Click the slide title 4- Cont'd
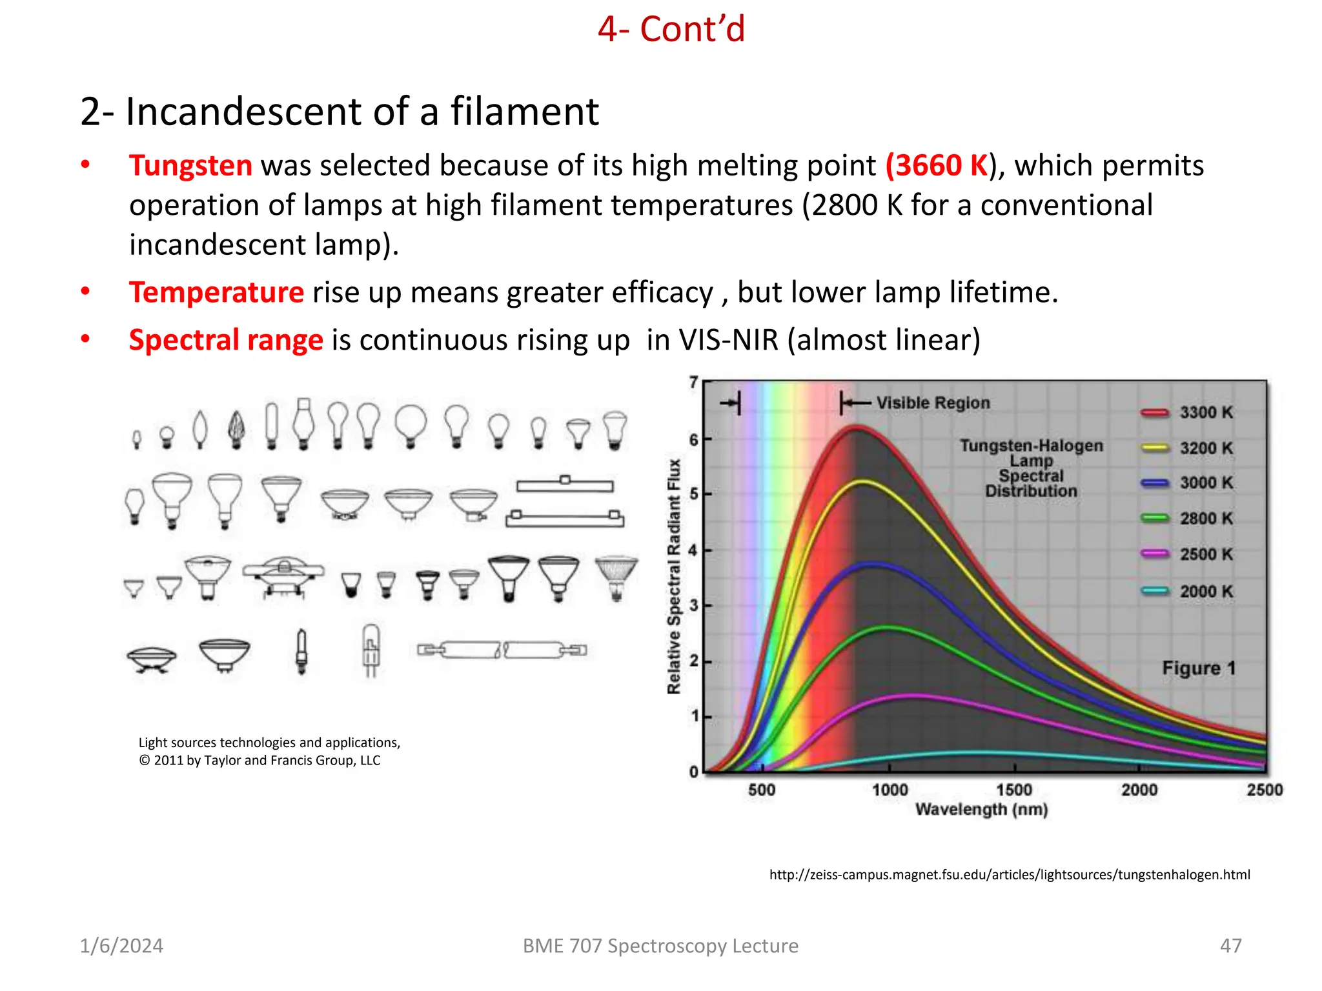click(671, 30)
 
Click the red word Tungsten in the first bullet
click(190, 166)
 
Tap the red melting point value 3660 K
click(937, 166)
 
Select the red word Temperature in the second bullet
click(216, 292)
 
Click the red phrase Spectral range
click(226, 340)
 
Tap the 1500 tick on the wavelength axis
click(1014, 790)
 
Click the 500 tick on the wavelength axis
click(762, 790)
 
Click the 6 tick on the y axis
click(694, 440)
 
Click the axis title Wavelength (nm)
click(981, 810)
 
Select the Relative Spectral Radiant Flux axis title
click(674, 576)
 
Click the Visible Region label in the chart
click(932, 403)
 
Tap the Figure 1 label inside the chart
click(1198, 668)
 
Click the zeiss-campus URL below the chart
click(1009, 875)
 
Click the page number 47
click(1230, 946)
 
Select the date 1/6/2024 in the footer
click(121, 946)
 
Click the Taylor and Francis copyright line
click(259, 761)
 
